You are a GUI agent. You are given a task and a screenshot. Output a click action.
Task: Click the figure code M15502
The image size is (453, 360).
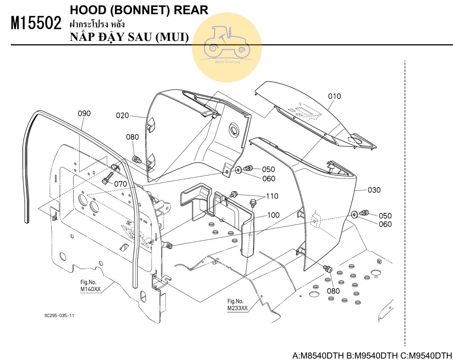coord(36,23)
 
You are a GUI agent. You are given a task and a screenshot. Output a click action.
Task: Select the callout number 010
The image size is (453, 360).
coord(334,96)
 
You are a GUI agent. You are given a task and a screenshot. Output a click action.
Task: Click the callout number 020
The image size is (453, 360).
coord(122,115)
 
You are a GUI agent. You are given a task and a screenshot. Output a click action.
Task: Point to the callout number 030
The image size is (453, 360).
coord(374,190)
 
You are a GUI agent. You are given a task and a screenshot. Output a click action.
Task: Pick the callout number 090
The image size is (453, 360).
coord(84,113)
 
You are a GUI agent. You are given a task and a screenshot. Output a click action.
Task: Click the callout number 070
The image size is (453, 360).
coord(120,184)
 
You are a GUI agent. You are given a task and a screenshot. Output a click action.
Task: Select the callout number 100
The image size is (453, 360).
coord(273,215)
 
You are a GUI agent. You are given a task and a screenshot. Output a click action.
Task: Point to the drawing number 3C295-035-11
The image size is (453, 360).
coord(60,316)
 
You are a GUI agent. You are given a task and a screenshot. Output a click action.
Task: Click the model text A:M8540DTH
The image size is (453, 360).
coord(318,355)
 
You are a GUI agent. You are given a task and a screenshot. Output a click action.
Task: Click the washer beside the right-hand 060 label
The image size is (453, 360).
coord(354,214)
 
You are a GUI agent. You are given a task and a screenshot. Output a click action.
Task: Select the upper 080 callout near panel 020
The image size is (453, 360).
coord(132,137)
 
